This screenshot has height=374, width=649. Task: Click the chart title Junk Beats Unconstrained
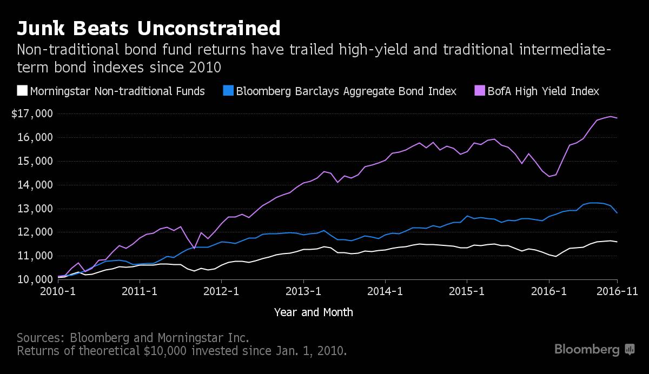149,28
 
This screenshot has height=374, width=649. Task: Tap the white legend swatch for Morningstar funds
22,91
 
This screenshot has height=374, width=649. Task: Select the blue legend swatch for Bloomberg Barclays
228,91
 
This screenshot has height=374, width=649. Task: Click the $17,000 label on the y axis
33,114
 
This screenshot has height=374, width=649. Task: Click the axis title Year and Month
314,312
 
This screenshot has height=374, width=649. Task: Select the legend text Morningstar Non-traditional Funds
117,91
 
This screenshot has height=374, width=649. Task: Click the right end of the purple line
617,118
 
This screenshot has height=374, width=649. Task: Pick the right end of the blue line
617,213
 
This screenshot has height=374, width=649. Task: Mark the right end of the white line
617,242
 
